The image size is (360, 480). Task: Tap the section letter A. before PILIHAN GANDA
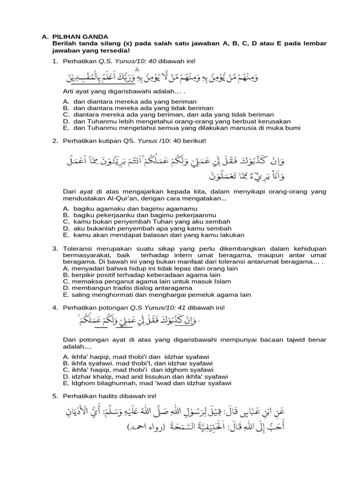coord(45,37)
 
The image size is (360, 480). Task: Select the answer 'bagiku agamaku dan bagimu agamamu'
coord(125,209)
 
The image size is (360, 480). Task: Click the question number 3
coord(54,248)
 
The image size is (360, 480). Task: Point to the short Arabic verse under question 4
coord(136,321)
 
